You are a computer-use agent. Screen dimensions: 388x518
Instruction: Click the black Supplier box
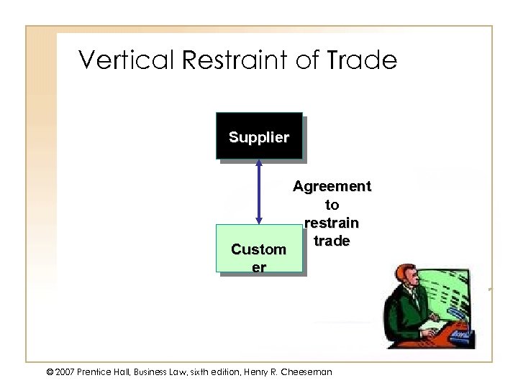pos(259,136)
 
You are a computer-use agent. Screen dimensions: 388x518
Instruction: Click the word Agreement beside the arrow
pos(332,187)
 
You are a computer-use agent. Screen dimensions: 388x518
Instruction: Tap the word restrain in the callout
pos(332,223)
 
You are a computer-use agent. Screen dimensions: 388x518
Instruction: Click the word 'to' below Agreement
pos(332,205)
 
